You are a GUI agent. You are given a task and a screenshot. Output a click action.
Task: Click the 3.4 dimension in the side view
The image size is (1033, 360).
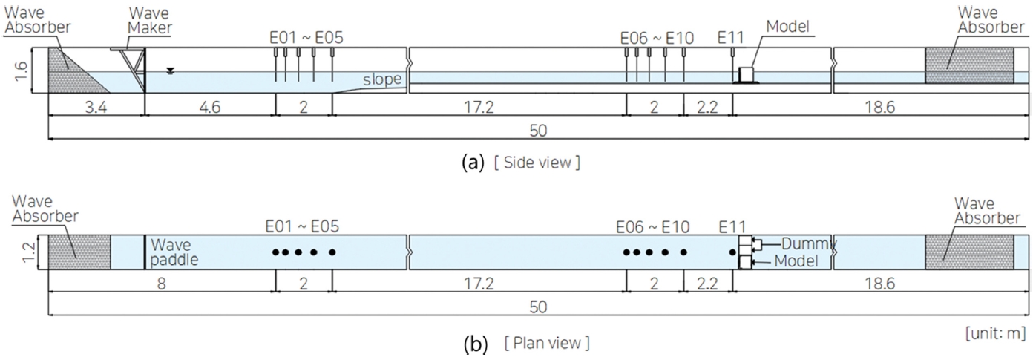coord(96,108)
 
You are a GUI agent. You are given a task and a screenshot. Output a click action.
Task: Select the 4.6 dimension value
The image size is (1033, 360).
coord(210,108)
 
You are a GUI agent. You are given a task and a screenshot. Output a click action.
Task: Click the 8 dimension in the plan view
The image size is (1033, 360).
coord(162,284)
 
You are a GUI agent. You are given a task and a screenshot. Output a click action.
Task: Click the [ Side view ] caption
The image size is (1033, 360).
coord(537,163)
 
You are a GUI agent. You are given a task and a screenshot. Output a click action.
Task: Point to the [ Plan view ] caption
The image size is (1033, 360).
coord(547,344)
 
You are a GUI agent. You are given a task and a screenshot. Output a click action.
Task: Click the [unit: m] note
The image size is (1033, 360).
coord(996,333)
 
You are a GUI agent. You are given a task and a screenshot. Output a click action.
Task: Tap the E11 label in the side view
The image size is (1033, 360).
coord(732,36)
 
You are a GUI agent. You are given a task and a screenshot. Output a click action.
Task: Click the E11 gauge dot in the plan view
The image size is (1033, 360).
coord(732,252)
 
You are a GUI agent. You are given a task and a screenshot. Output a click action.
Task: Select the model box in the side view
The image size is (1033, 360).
coord(746,73)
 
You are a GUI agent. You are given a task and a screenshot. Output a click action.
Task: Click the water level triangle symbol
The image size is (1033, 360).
coord(171,71)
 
